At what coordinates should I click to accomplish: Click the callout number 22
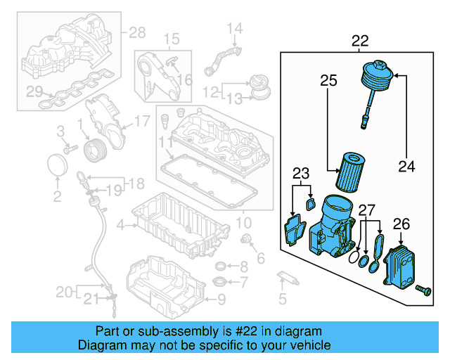point(360,41)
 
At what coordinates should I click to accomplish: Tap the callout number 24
point(406,167)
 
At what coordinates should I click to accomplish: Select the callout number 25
point(328,81)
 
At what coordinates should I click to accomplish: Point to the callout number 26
point(401,224)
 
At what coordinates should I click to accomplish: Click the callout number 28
point(136,32)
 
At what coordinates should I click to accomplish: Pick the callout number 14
point(233,29)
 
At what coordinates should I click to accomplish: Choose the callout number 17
point(141,121)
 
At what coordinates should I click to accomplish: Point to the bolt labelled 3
point(70,148)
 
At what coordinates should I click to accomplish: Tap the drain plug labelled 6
point(247,242)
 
